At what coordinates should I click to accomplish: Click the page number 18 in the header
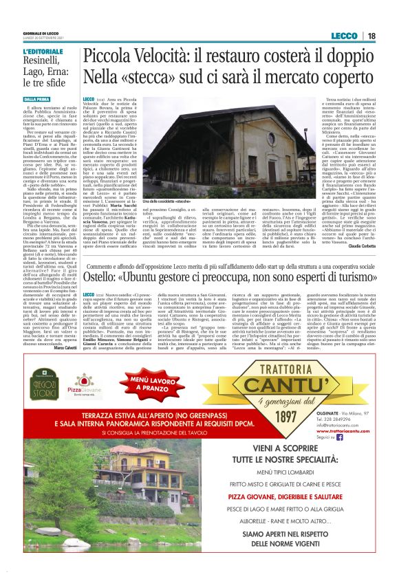coord(371,36)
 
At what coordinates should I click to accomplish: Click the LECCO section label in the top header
coord(343,36)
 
